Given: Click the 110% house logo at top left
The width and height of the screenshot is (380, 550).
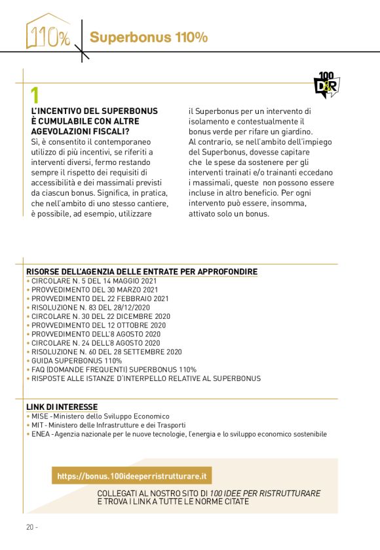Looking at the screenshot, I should click(x=48, y=33).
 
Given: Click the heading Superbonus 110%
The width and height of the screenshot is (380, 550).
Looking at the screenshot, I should click(x=149, y=37).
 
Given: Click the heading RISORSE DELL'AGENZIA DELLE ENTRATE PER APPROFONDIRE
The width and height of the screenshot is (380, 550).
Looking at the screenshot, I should click(x=142, y=272).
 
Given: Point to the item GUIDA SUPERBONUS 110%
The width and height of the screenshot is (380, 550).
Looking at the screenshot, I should click(x=76, y=361).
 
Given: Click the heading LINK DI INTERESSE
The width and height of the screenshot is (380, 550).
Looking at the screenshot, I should click(x=62, y=407).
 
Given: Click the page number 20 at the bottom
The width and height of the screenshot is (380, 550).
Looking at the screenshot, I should click(x=30, y=528).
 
